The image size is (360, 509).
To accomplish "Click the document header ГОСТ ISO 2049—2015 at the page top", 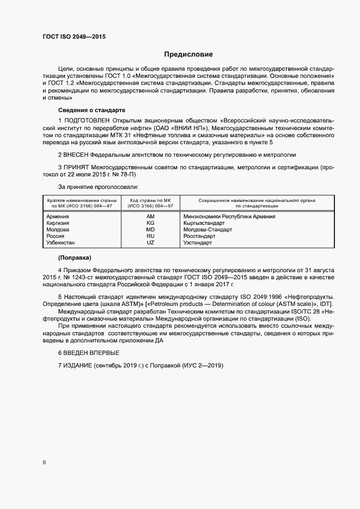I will [x=74, y=36].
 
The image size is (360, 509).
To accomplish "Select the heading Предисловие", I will [x=189, y=54].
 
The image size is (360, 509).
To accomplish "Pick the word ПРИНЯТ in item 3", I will [x=77, y=166].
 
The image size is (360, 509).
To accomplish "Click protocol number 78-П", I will [x=126, y=176].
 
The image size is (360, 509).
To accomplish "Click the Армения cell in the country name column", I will [x=58, y=216].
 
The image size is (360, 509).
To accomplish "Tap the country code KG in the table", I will [x=151, y=223].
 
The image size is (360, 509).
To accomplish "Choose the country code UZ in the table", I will [x=151, y=243].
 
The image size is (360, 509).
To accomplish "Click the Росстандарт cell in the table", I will [x=200, y=236].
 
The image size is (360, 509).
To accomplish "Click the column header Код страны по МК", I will [x=151, y=200].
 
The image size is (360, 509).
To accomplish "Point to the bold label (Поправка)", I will [x=75, y=256].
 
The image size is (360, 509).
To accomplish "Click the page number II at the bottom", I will [x=44, y=463].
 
